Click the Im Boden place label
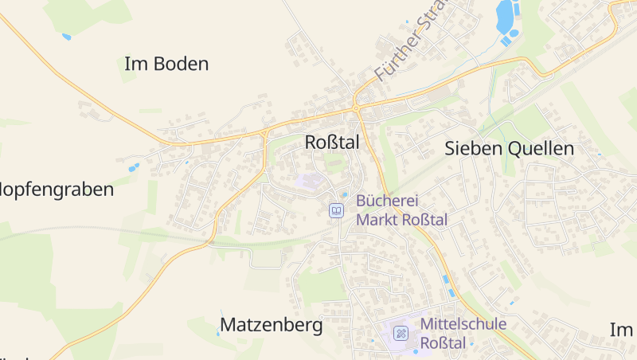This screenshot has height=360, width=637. [x=166, y=65]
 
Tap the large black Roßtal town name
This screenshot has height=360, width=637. [x=332, y=143]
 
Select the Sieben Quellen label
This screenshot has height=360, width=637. [x=509, y=148]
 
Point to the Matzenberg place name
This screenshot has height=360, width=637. [x=271, y=325]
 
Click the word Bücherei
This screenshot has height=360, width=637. [x=388, y=202]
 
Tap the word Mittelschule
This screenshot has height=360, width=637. [x=463, y=324]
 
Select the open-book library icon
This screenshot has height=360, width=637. [x=337, y=210]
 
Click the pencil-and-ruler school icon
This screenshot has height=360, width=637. [x=401, y=333]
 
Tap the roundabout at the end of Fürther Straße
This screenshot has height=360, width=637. [x=355, y=105]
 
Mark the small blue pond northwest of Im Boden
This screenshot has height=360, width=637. [x=66, y=37]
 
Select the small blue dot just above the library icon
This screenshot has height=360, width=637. [x=345, y=194]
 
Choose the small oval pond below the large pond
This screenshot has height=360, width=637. [x=513, y=33]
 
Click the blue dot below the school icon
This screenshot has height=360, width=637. [x=415, y=351]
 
